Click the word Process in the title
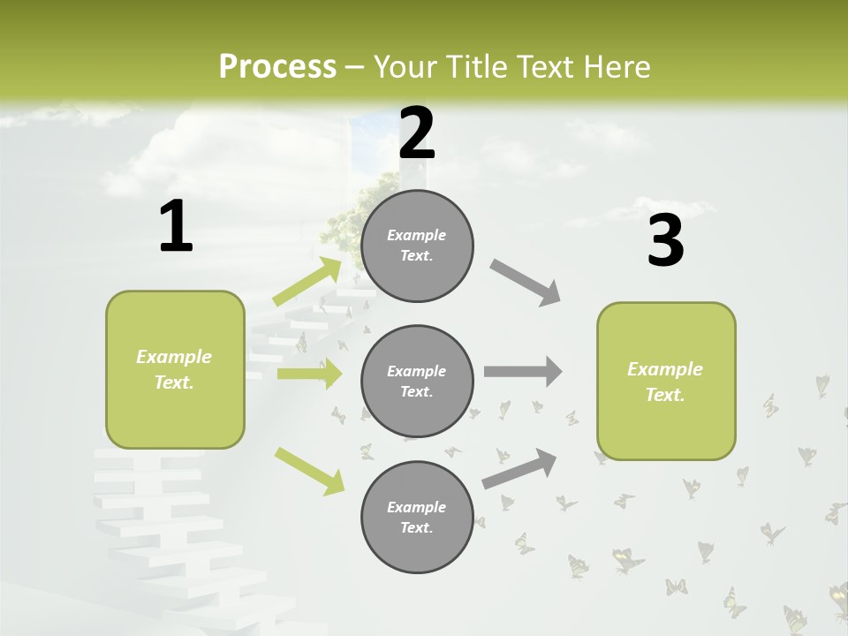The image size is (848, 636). tap(277, 66)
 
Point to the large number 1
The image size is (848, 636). tap(176, 226)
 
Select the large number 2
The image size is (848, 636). tap(417, 133)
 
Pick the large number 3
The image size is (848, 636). tap(665, 240)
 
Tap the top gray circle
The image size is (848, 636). tap(417, 246)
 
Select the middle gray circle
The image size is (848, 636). tap(417, 381)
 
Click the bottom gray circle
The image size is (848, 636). tap(417, 517)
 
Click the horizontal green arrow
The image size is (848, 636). tap(309, 374)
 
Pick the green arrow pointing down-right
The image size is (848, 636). tap(309, 470)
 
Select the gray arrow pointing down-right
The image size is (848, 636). tap(526, 283)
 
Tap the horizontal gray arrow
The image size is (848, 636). tap(523, 372)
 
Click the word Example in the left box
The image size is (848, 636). tap(174, 357)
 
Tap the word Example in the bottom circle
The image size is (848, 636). tap(416, 507)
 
